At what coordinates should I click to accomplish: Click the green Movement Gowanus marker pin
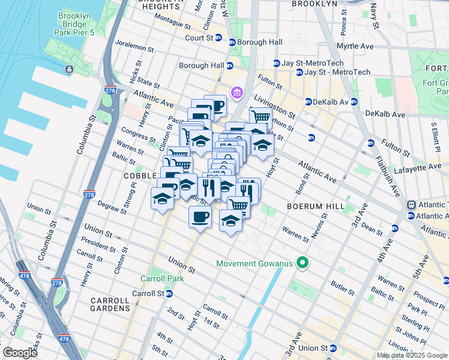coord(303,263)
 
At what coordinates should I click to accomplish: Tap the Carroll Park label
coord(157,278)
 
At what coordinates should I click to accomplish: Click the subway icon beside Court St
coord(218,38)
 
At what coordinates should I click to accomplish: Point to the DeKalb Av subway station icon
coord(308,101)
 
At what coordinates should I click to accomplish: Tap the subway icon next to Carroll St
coord(170,293)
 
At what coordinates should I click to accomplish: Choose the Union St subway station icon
coord(333,348)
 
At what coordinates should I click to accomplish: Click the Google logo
coord(20,353)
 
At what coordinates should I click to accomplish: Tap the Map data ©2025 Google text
coord(412,355)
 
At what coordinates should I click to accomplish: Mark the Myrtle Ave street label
coord(372,46)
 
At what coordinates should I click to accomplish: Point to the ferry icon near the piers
coord(70,69)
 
